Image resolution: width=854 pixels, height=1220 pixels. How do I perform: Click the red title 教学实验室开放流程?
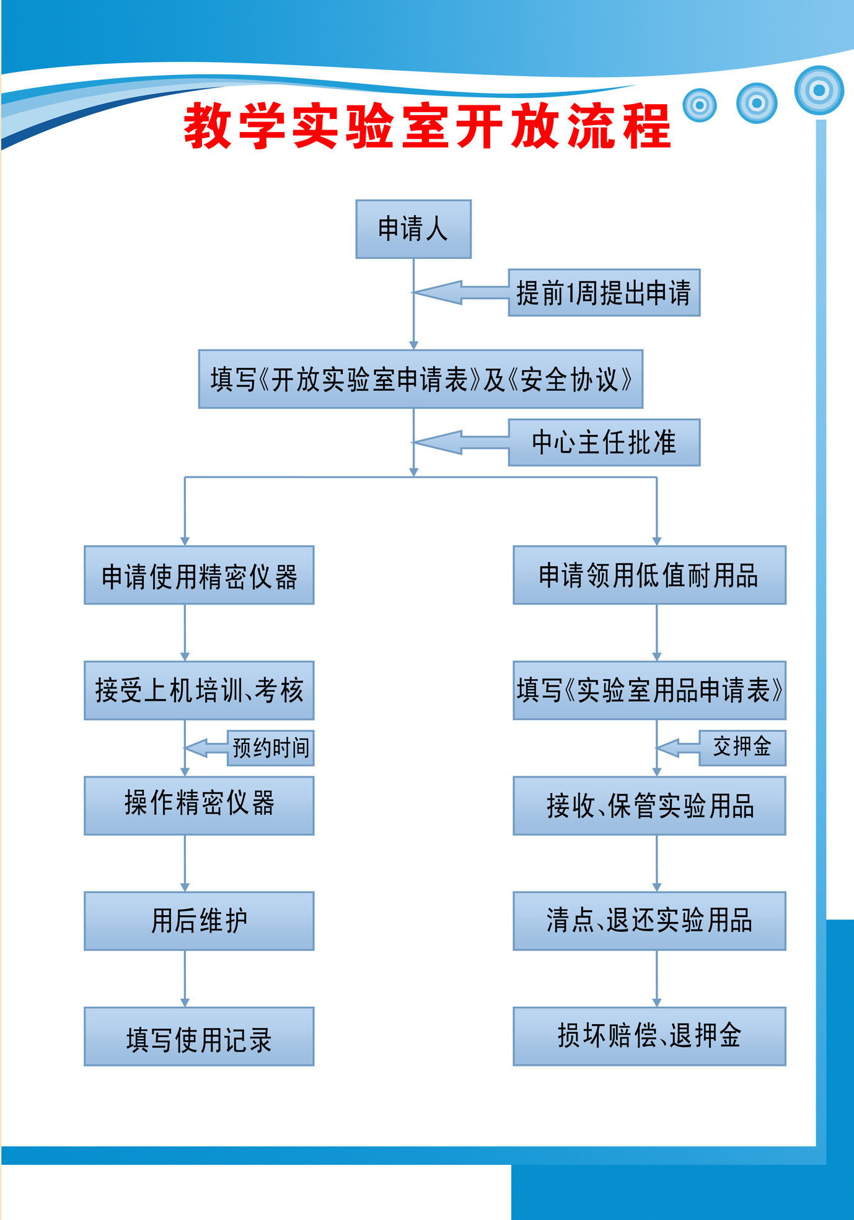pyautogui.click(x=428, y=126)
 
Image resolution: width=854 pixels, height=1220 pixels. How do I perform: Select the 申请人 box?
pyautogui.click(x=413, y=229)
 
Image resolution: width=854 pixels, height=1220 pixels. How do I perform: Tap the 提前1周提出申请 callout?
pyautogui.click(x=604, y=292)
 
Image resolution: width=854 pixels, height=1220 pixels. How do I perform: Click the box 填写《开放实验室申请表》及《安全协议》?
pyautogui.click(x=421, y=379)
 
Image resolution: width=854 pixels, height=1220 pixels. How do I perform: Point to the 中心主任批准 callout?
pyautogui.click(x=604, y=442)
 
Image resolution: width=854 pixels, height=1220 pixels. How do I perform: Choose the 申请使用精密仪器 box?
pyautogui.click(x=199, y=575)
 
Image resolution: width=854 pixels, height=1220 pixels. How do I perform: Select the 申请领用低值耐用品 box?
pyautogui.click(x=649, y=575)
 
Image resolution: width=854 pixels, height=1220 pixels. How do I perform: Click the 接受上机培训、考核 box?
pyautogui.click(x=199, y=690)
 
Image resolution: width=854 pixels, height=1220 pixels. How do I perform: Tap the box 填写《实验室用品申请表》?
pyautogui.click(x=649, y=690)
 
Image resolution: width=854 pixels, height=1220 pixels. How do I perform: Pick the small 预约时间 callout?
pyautogui.click(x=271, y=748)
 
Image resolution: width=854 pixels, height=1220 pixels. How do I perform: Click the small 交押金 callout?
pyautogui.click(x=742, y=748)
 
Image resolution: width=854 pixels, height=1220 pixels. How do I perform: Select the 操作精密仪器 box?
pyautogui.click(x=199, y=805)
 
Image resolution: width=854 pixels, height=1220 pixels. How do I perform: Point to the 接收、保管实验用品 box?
pyautogui.click(x=649, y=805)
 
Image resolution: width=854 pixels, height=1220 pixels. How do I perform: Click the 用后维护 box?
pyautogui.click(x=199, y=921)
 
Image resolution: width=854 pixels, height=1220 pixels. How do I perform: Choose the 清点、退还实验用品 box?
pyautogui.click(x=649, y=921)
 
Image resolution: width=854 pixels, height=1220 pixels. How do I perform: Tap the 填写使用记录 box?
pyautogui.click(x=199, y=1037)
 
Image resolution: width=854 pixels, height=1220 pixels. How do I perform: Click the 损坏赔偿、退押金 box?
pyautogui.click(x=649, y=1037)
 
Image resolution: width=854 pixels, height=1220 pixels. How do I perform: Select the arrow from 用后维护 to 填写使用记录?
pyautogui.click(x=185, y=979)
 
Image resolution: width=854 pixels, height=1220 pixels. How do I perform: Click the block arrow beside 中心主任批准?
pyautogui.click(x=462, y=442)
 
